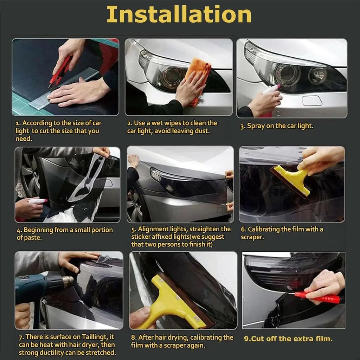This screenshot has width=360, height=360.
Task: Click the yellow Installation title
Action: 179,14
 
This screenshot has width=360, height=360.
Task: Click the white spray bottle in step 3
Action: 271,92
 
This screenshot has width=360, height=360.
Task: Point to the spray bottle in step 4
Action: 35,201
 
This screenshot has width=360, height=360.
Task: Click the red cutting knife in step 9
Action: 318,298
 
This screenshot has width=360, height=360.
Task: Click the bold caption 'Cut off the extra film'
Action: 288,339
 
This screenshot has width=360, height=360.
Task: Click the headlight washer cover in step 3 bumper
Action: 311,101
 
